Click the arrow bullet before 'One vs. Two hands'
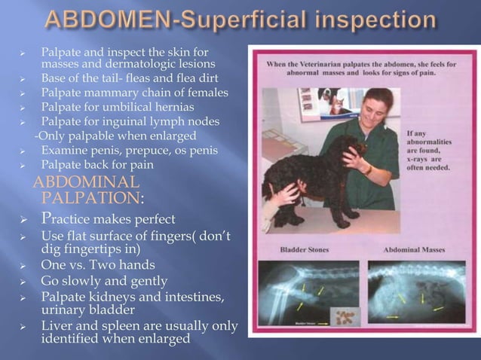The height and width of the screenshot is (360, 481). (23, 265)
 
